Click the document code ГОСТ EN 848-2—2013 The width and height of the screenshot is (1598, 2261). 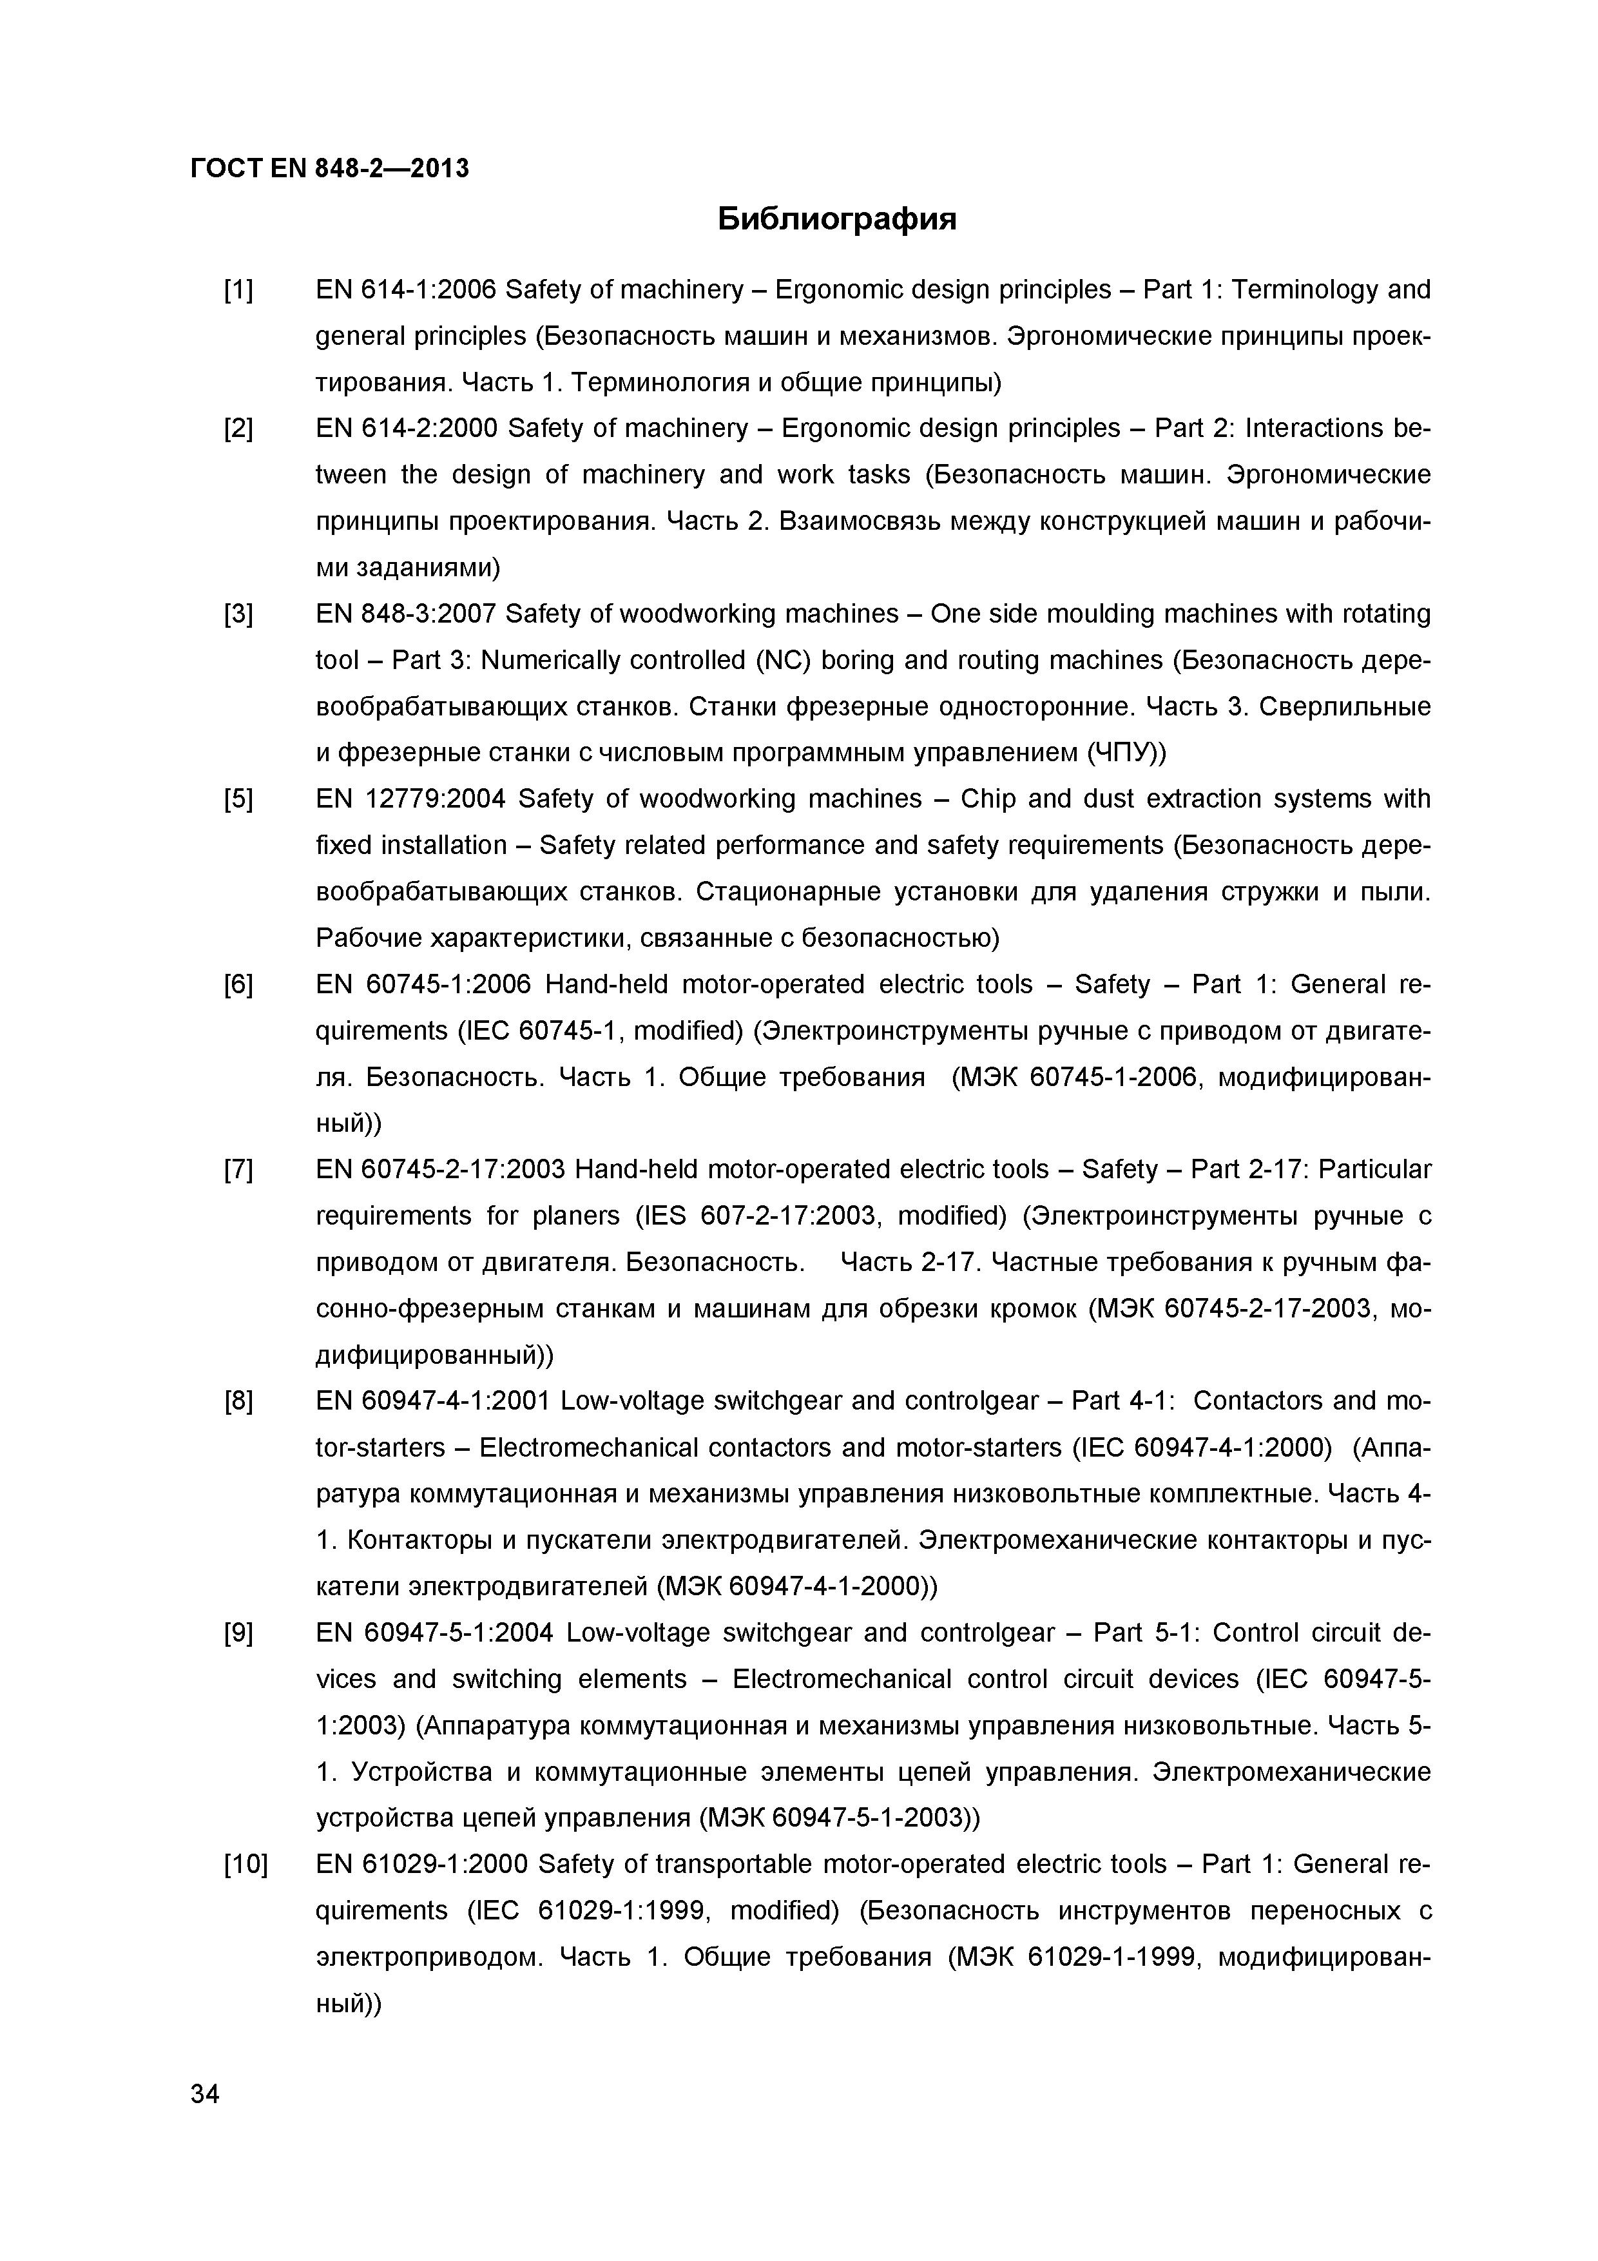click(329, 170)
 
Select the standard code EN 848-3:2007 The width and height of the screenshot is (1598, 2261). click(406, 614)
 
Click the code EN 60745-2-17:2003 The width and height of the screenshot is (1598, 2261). click(440, 1169)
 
